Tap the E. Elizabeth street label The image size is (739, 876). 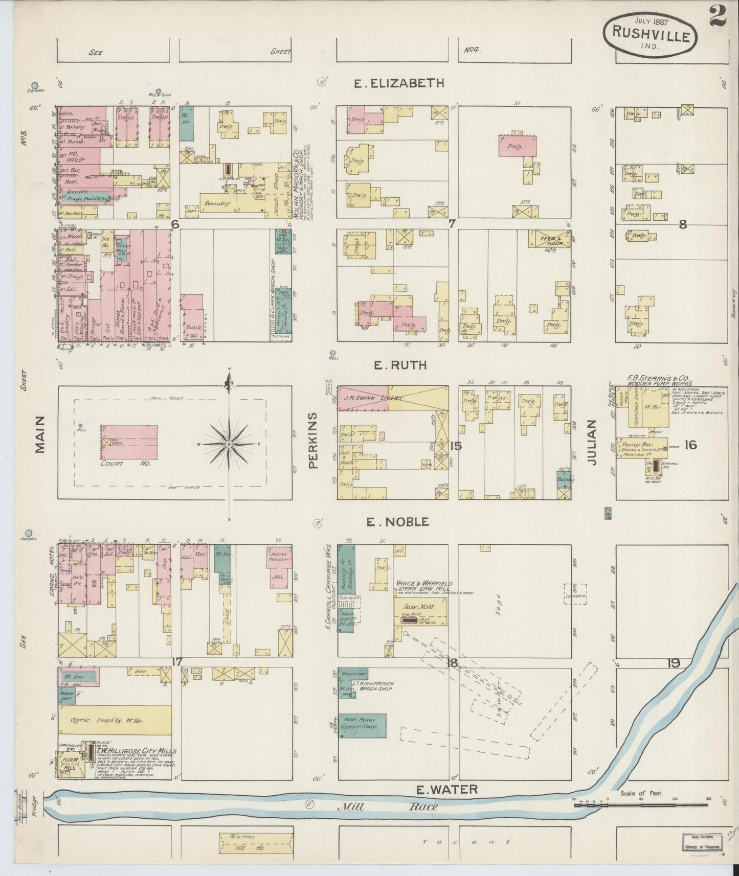coord(399,83)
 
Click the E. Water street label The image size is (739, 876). coord(446,790)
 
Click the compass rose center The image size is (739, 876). coord(229,444)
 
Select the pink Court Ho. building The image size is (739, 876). coord(129,442)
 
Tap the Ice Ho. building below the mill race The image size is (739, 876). coord(256,843)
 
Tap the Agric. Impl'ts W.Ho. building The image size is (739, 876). coord(114,721)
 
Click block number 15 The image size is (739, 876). coord(455,446)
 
